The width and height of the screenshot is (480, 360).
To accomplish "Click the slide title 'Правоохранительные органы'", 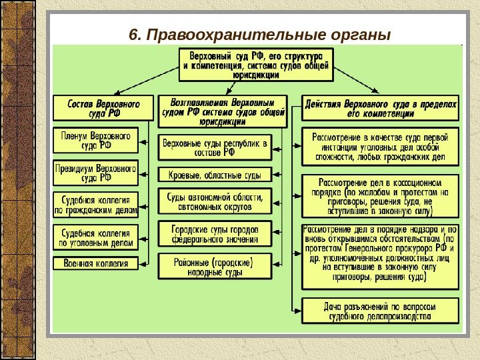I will (270, 34).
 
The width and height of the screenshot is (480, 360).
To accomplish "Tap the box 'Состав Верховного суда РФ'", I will (103, 108).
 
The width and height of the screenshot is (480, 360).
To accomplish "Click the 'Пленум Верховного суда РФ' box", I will (95, 140).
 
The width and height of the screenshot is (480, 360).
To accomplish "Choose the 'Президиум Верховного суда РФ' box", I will (95, 173).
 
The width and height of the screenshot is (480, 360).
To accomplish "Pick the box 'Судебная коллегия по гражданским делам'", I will (95, 205).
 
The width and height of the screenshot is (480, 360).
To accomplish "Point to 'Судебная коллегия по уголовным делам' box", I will (95, 237).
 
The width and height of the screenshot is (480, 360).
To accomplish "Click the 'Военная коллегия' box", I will (95, 263).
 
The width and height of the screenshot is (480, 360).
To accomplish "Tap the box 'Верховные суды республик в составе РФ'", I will (215, 147).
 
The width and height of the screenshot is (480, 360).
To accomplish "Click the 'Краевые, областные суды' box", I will (215, 175).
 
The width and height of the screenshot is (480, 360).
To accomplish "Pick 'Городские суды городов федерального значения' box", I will (215, 233).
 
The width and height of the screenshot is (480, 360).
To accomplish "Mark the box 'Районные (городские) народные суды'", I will (215, 265).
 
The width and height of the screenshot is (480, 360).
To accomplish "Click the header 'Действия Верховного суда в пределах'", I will (380, 109).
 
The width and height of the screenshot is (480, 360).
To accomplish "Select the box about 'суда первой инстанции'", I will (380, 147).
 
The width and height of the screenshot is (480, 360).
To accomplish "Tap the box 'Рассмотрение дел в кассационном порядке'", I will (380, 195).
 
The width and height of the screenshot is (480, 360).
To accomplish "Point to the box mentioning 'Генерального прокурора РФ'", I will (380, 257).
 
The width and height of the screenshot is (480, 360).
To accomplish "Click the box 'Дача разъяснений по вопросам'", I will (380, 311).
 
